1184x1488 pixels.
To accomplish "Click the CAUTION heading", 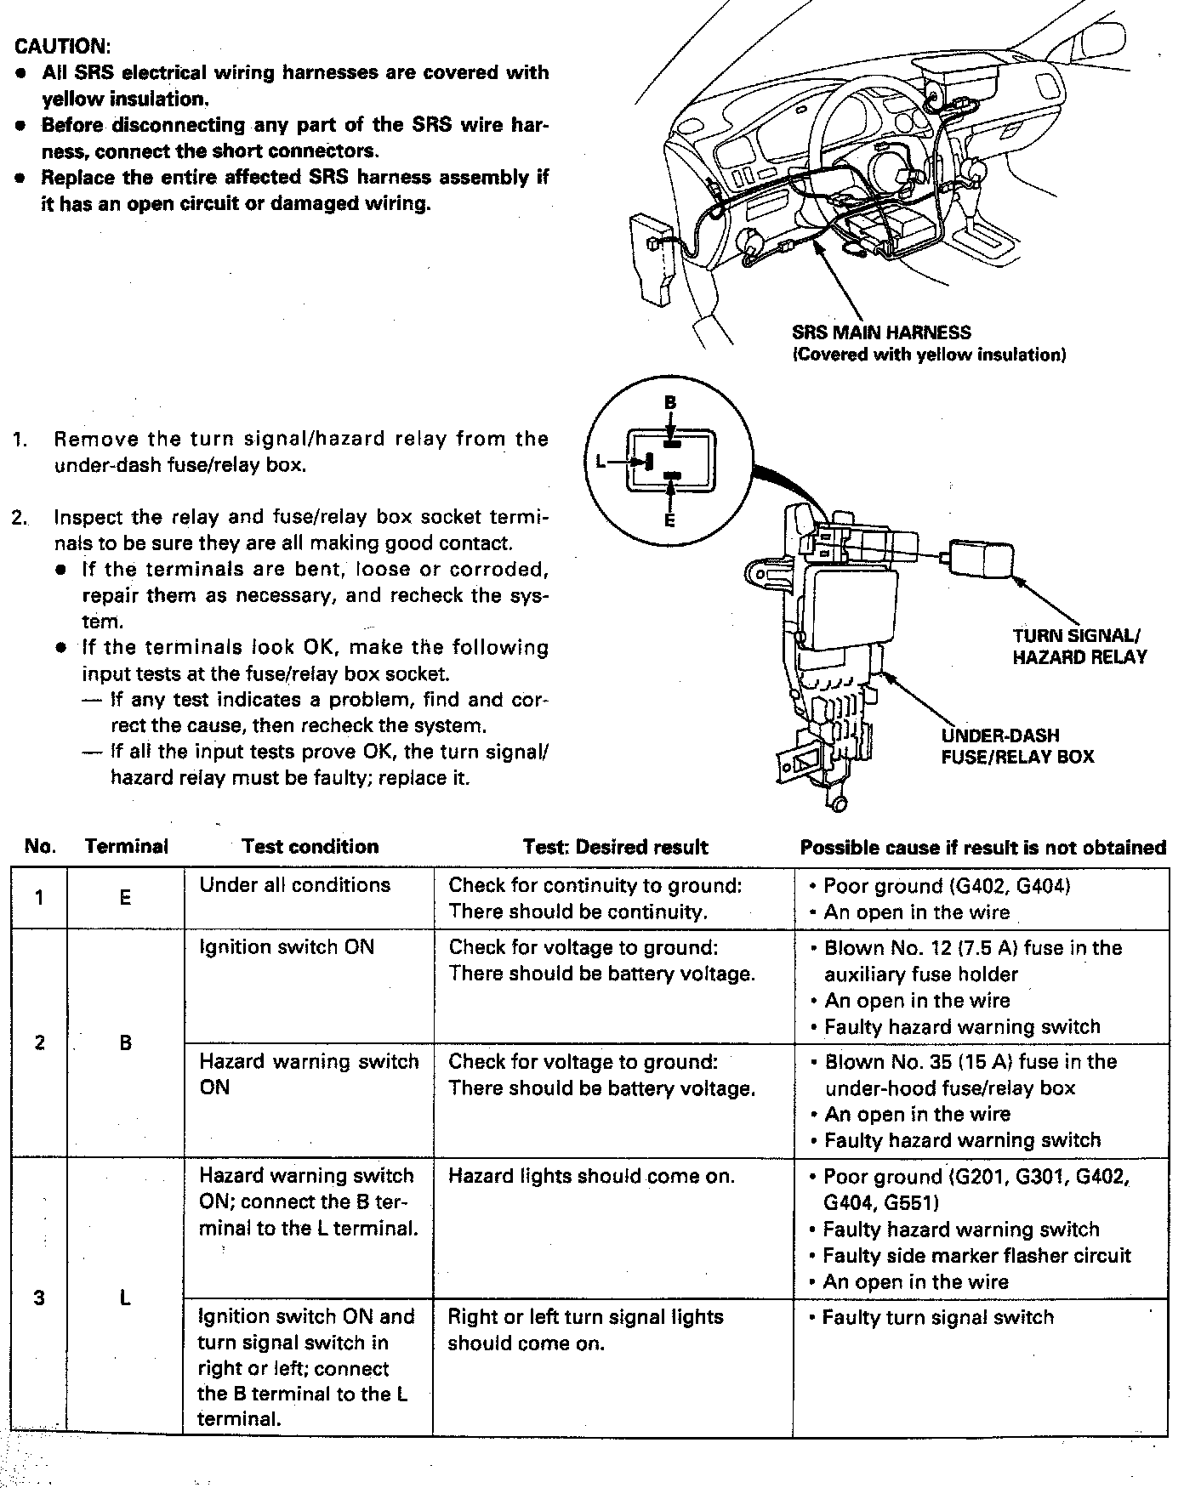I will point(63,45).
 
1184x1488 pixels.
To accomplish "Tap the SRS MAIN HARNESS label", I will point(880,332).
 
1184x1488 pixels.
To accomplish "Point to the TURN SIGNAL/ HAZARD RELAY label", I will point(1079,646).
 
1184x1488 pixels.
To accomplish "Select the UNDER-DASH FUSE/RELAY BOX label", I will point(1016,746).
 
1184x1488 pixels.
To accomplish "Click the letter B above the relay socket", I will point(670,401).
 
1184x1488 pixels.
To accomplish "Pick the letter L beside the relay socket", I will point(601,462).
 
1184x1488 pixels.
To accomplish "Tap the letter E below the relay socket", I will point(670,520).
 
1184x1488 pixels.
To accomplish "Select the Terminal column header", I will point(126,847).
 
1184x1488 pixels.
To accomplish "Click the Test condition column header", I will point(310,847).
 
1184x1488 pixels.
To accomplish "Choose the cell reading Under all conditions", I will point(294,885).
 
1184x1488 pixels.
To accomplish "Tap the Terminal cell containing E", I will point(125,898).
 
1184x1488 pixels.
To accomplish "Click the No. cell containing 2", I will point(39,1042).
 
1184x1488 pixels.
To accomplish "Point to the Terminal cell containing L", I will point(125,1298).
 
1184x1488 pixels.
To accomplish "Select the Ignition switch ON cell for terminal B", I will point(287,947).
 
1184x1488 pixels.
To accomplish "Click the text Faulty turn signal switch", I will point(937,1318).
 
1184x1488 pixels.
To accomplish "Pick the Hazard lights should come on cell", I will point(591,1177).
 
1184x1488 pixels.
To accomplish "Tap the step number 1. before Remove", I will point(20,440).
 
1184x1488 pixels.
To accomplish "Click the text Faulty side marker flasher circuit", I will point(976,1256).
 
